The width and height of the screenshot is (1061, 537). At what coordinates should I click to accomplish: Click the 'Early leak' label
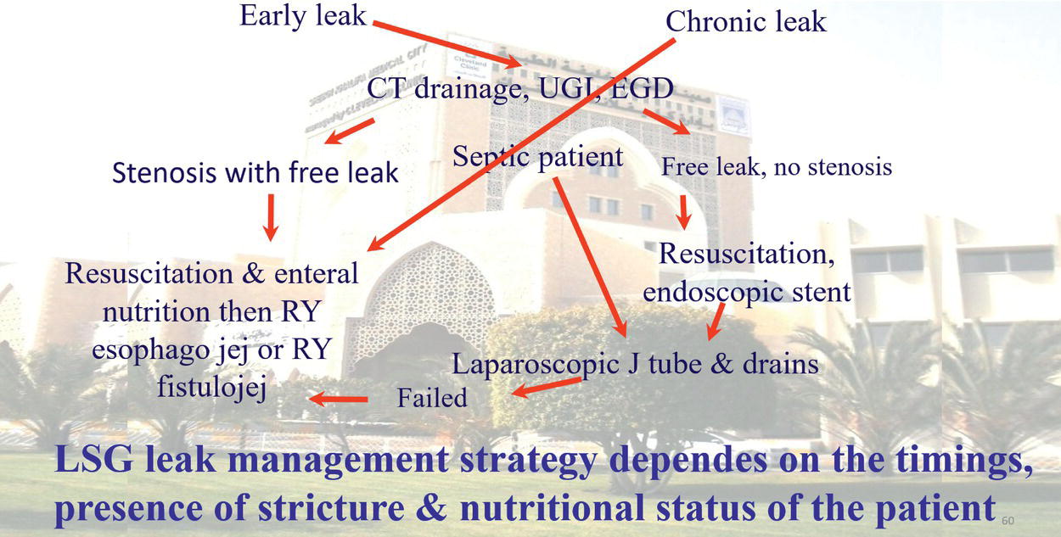click(x=302, y=16)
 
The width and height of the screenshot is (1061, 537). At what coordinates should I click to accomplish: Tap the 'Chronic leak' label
click(x=745, y=21)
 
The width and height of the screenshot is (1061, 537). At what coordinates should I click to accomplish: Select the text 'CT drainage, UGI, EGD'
click(x=520, y=88)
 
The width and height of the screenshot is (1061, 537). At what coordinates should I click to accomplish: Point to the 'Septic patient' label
click(x=538, y=156)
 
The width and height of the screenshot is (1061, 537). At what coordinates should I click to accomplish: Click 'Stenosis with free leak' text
click(x=255, y=173)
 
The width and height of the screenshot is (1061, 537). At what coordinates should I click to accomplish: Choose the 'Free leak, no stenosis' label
click(x=776, y=166)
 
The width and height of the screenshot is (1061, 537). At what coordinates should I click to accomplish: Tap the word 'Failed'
click(x=432, y=397)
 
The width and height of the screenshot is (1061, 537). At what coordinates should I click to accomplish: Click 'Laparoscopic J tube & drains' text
click(x=634, y=364)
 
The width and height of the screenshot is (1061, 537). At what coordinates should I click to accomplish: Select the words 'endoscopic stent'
click(x=746, y=292)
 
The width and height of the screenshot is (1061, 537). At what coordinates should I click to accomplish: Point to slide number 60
click(x=1008, y=518)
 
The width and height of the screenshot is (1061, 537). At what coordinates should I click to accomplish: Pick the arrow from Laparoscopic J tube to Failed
click(x=546, y=388)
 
